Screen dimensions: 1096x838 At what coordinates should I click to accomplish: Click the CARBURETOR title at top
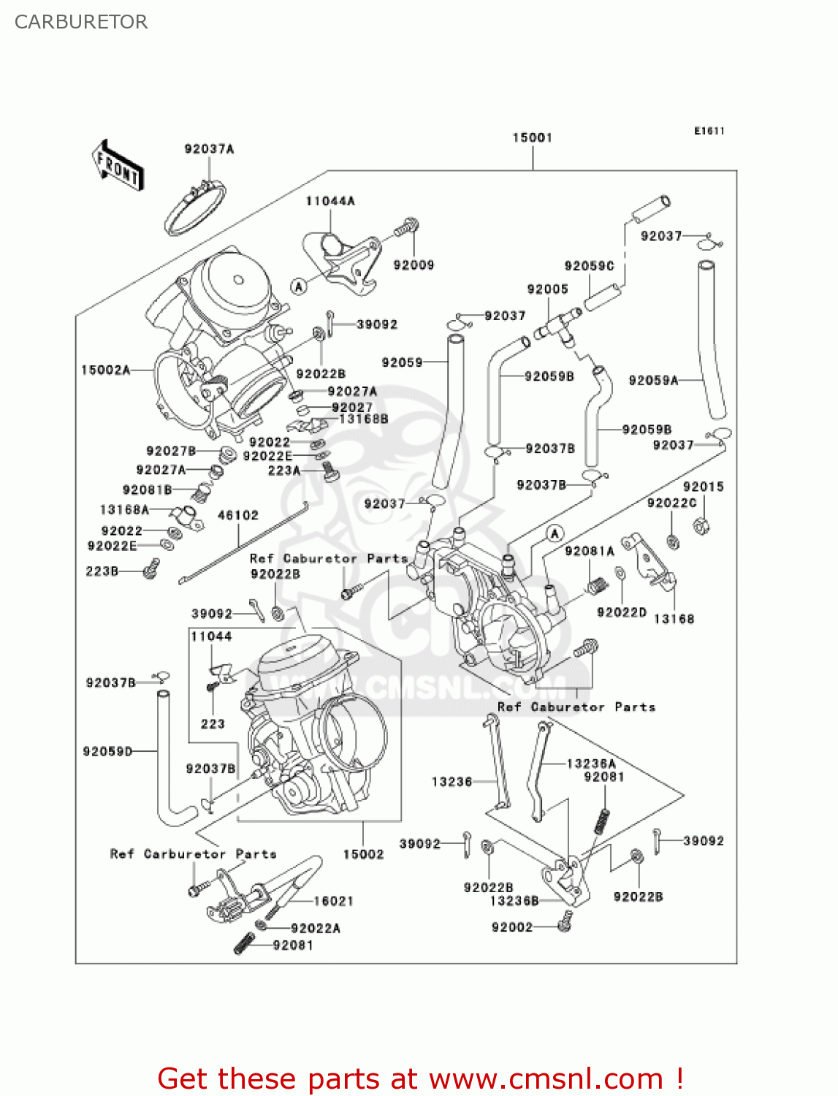81,22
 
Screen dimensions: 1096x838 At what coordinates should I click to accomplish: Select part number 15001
532,137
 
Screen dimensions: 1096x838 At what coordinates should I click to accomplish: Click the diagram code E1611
709,131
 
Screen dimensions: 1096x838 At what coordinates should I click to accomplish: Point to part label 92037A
209,149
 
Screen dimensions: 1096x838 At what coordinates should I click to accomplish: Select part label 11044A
330,201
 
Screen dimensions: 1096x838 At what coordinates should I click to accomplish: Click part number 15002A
105,370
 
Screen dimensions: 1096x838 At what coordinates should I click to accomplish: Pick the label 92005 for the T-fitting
547,289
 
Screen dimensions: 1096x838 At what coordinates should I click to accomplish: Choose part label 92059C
589,266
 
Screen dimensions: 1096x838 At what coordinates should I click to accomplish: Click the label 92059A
653,380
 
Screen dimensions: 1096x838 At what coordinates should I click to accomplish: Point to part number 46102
238,515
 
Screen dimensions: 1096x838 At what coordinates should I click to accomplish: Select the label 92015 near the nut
703,487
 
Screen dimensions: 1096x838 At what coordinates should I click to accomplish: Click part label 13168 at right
674,619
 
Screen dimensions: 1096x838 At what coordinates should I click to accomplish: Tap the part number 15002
363,854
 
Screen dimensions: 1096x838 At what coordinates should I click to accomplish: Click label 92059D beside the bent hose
107,751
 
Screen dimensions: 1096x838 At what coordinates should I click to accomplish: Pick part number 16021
334,901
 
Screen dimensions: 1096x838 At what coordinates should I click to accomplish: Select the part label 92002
512,927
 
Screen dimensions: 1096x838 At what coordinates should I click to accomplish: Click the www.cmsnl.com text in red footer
546,1078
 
